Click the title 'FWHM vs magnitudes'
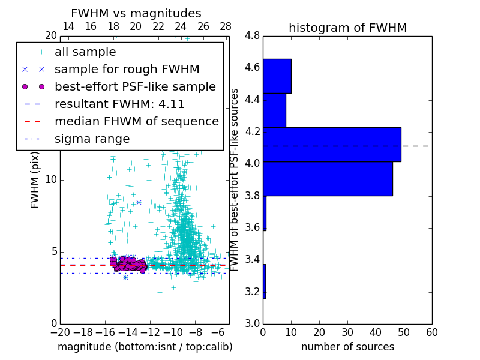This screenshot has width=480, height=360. (x=136, y=13)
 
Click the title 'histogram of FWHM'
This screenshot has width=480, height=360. (x=347, y=28)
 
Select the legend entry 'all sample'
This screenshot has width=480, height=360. (x=85, y=52)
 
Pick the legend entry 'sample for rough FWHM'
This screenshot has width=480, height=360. (x=127, y=70)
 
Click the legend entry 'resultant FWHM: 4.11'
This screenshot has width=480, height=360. (x=119, y=104)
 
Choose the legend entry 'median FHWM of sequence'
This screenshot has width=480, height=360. (x=136, y=122)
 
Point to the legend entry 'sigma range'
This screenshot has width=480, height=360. (x=92, y=139)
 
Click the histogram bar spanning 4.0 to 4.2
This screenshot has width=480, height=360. (x=332, y=145)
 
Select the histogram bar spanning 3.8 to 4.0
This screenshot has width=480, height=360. (x=328, y=178)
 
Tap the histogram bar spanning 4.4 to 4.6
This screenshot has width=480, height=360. (x=277, y=76)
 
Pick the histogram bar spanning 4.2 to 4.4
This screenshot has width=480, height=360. (x=274, y=110)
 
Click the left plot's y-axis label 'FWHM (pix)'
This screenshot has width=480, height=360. (x=35, y=179)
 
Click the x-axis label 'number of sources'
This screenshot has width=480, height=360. (x=347, y=347)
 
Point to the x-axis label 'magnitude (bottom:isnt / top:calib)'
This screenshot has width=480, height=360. (x=145, y=347)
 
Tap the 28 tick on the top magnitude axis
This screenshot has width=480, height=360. (x=226, y=26)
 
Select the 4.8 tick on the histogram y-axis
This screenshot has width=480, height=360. (x=252, y=36)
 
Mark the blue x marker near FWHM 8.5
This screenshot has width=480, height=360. (x=139, y=203)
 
